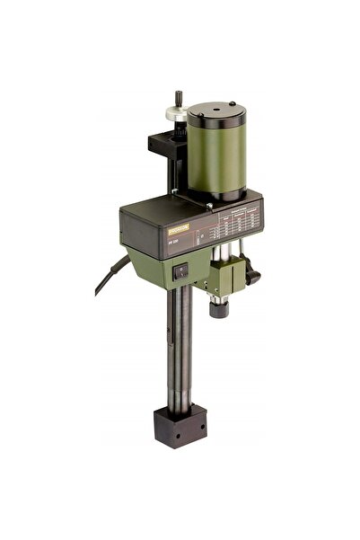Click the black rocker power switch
point(182,267)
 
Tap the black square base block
point(178,422)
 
